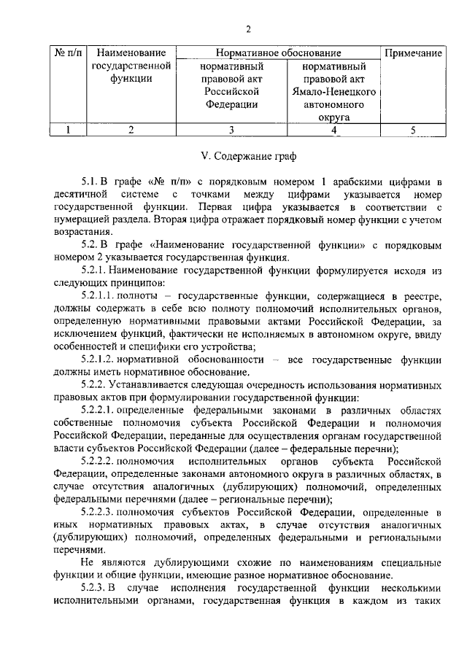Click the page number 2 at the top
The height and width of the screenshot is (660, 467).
tap(248, 29)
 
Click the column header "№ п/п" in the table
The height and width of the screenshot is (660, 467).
tap(68, 53)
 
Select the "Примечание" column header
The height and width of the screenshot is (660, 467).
tap(414, 53)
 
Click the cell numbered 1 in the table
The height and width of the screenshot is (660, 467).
tap(68, 130)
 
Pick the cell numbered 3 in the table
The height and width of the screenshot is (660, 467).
tap(231, 130)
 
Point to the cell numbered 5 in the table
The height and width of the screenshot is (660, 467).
tap(413, 130)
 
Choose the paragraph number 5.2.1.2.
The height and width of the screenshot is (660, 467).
tap(101, 360)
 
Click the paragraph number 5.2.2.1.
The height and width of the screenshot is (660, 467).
tap(101, 411)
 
